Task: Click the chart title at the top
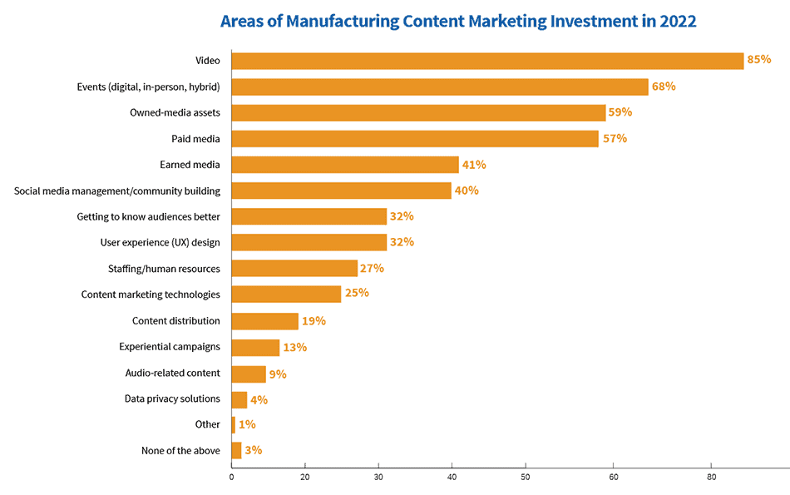(x=458, y=22)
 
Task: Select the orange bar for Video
(x=487, y=61)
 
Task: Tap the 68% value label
(x=664, y=87)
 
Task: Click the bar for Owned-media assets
(x=418, y=112)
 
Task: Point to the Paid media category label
(x=195, y=139)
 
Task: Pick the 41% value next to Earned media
(x=474, y=165)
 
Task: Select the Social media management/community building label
(x=117, y=191)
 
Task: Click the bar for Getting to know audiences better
(x=309, y=216)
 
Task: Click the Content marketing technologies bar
(x=286, y=294)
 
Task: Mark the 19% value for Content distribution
(x=314, y=320)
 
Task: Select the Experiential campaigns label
(x=170, y=346)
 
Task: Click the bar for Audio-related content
(x=249, y=374)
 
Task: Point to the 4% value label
(x=259, y=399)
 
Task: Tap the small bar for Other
(x=234, y=425)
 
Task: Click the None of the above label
(x=181, y=451)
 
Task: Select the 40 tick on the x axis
(x=452, y=477)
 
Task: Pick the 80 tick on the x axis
(x=711, y=477)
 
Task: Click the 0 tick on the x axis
(x=231, y=477)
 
